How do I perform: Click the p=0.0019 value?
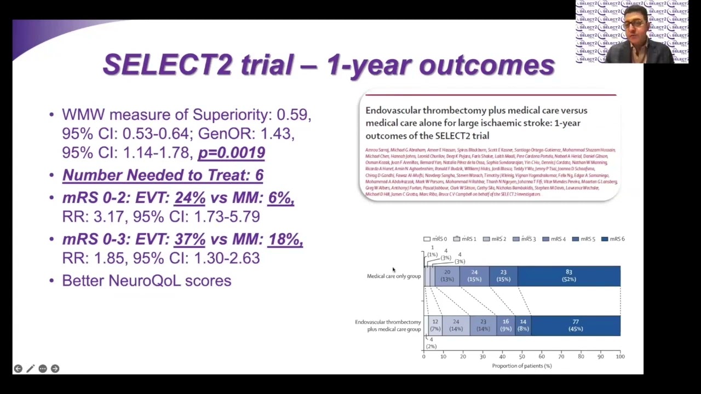[x=231, y=153]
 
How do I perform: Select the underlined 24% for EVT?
[x=189, y=198]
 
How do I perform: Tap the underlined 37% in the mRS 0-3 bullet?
[x=189, y=239]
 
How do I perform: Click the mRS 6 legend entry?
[x=613, y=239]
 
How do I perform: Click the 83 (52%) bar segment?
[x=568, y=276]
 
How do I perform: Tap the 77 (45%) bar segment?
[x=575, y=326]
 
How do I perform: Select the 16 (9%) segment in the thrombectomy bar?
[x=505, y=326]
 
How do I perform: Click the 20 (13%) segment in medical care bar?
[x=447, y=276]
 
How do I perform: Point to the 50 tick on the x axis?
[x=522, y=357]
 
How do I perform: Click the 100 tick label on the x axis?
[x=620, y=357]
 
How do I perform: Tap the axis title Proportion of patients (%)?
[x=521, y=366]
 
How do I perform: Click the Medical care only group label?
[x=393, y=276]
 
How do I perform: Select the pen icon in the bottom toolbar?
[x=30, y=369]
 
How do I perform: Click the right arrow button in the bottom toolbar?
[x=55, y=369]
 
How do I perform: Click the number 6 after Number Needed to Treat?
[x=259, y=175]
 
